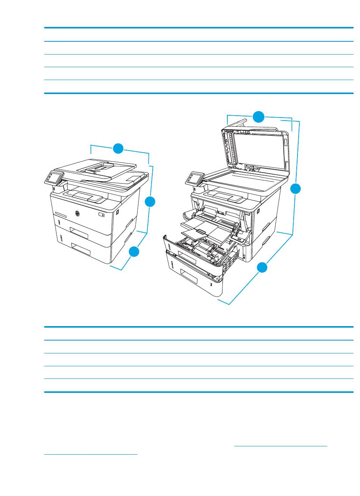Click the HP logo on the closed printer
coord(77,213)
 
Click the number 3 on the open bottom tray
coord(211,285)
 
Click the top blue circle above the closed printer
coord(118,148)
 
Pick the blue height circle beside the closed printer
coord(150,201)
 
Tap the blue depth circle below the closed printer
coord(134,252)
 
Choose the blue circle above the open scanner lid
coord(259,117)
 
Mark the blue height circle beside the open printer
coord(296,189)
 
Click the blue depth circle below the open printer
coord(262,267)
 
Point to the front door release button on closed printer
coord(101,214)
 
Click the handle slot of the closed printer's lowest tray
coord(81,249)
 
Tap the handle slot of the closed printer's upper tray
coord(79,233)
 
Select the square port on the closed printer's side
coord(117,212)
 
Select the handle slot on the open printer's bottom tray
coord(189,276)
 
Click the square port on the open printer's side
coord(258,211)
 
